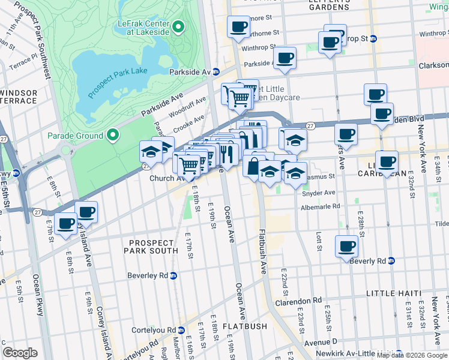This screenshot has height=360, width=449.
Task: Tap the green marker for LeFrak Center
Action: [x=178, y=27]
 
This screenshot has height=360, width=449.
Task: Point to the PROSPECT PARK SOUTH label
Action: [x=150, y=246]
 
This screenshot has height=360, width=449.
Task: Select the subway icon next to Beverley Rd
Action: [x=173, y=276]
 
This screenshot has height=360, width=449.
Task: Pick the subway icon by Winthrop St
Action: [x=373, y=38]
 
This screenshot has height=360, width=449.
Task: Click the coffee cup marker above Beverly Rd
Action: [x=346, y=245]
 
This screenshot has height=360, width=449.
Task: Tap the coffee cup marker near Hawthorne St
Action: [x=238, y=27]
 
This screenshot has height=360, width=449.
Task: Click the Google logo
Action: [x=20, y=352]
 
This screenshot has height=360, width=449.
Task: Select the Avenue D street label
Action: [x=321, y=341]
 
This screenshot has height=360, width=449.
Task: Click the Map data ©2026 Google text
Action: [x=412, y=355]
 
